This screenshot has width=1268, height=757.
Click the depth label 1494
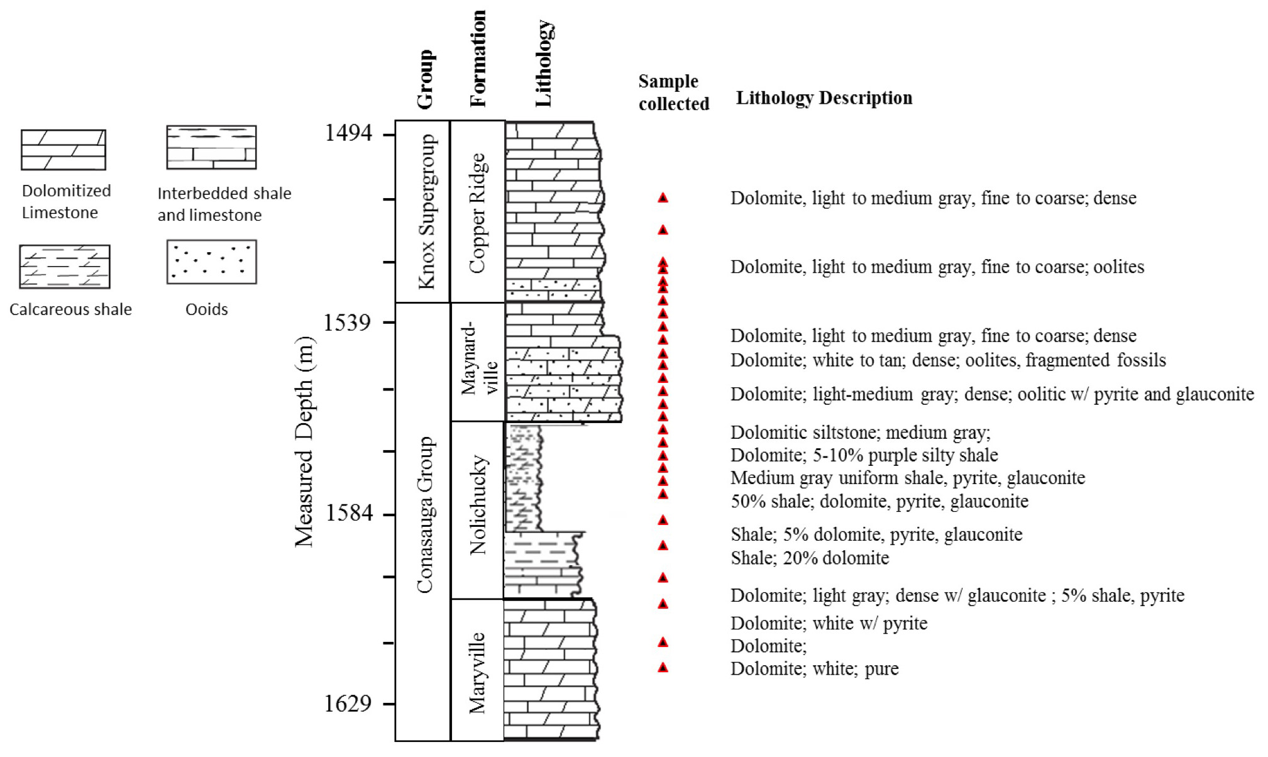click(x=348, y=133)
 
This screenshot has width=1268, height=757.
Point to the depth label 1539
click(x=347, y=323)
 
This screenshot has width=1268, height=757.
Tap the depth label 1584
click(x=348, y=513)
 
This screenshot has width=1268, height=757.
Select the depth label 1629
click(x=348, y=703)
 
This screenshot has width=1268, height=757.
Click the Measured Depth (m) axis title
click(x=304, y=442)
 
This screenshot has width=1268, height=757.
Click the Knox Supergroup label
click(x=427, y=211)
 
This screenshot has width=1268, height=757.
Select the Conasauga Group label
click(x=425, y=514)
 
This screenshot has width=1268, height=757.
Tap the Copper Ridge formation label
click(x=478, y=213)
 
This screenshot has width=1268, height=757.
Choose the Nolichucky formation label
click(x=478, y=505)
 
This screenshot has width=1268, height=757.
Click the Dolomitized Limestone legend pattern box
click(x=63, y=150)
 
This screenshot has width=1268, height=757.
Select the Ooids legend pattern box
click(x=211, y=262)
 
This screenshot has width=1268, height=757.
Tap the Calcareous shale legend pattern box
click(x=65, y=267)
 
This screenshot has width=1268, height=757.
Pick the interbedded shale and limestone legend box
click(x=211, y=147)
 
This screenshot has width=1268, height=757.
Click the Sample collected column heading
click(x=673, y=92)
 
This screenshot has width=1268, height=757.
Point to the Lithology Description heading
click(x=824, y=98)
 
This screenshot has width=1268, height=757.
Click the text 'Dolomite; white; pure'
click(x=814, y=668)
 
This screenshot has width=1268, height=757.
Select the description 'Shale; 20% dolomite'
click(x=810, y=558)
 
